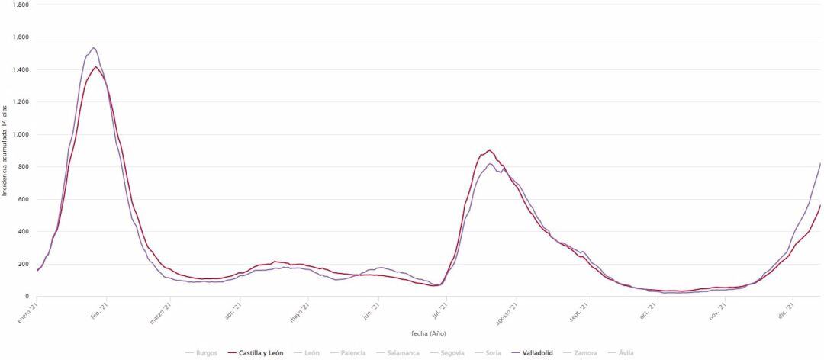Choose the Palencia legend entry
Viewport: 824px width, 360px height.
350,352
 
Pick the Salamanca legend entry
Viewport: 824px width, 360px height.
400,352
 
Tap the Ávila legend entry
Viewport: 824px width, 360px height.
622,352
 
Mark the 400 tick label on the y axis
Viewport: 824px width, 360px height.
24,232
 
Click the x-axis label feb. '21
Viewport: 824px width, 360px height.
99,310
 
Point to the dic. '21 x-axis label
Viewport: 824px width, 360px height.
787,310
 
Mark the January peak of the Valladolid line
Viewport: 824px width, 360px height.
93,48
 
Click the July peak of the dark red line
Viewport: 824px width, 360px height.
489,150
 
